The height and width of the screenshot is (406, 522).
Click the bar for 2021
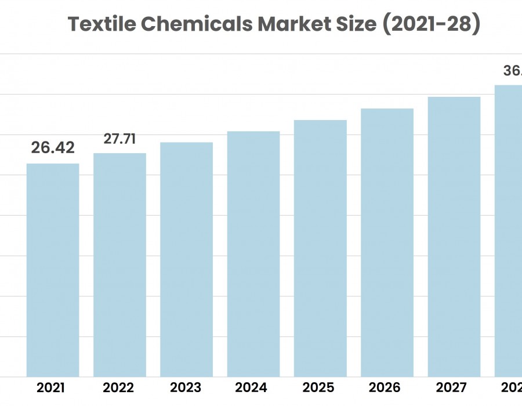(53, 270)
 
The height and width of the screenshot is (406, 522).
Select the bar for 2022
(119, 264)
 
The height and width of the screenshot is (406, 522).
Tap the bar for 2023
(186, 259)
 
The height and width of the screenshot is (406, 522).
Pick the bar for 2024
(253, 253)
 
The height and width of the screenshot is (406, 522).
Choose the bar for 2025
(320, 248)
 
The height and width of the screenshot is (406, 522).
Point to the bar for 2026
(387, 242)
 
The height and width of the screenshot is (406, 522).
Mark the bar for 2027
(454, 237)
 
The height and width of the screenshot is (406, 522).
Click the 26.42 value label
(53, 148)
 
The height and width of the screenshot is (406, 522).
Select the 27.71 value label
(119, 139)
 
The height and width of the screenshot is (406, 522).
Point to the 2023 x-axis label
(186, 387)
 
